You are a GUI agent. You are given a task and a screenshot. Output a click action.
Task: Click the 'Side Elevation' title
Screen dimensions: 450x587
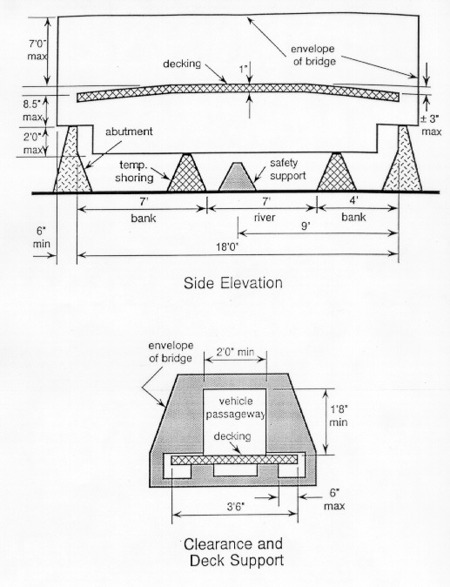coord(232,283)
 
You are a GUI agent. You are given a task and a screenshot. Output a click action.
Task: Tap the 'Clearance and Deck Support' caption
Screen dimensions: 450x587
coord(233,552)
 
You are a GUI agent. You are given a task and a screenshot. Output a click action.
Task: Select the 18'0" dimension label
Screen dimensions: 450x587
coord(227,247)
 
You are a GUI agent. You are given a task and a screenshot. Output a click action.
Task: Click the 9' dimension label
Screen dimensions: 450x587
coord(306,226)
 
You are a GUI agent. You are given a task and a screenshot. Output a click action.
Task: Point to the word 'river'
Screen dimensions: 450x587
coord(265,218)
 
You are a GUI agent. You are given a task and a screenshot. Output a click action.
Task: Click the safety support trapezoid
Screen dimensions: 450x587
coord(237,177)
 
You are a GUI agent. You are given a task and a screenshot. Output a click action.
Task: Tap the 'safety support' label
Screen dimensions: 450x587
coord(287,169)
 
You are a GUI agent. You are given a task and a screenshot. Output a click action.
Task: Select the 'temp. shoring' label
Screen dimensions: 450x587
coord(134,171)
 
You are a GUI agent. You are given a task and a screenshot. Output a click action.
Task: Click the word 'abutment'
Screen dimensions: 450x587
coord(129,132)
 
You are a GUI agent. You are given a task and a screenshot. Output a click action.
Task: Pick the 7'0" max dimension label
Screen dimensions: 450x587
coord(37,50)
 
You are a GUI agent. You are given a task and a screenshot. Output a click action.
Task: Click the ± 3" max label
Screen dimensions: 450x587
coord(431,125)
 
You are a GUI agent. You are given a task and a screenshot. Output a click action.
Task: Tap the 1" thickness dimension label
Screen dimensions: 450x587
coord(244,70)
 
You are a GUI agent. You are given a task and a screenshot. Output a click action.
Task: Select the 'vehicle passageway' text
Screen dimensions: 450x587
coord(236,408)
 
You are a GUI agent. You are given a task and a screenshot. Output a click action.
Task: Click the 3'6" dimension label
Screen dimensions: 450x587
coord(235,507)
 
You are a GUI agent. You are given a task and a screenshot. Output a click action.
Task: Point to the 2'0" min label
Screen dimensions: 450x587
coord(235,352)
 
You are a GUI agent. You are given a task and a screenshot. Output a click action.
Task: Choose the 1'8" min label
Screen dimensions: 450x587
coord(339,415)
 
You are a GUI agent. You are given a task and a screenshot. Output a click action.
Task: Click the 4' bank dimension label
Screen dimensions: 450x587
coord(354,200)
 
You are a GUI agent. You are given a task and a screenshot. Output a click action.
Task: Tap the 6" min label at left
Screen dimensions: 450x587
coord(41,238)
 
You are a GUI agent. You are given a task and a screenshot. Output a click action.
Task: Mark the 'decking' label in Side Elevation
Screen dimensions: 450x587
coord(182,64)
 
